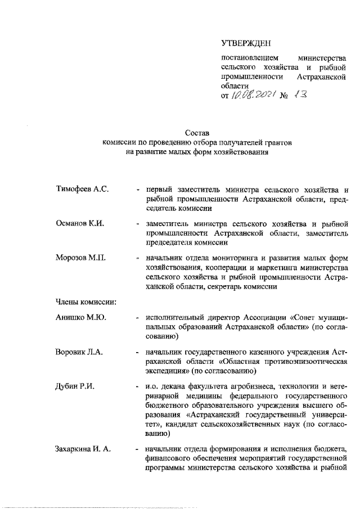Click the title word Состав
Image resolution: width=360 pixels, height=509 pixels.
[197, 133]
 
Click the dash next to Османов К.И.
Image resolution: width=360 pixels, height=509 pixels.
[138, 224]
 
